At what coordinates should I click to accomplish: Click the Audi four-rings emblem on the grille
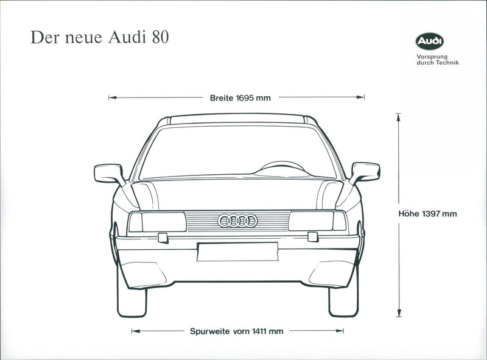[x=237, y=221]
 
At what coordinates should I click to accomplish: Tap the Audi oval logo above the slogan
[x=430, y=42]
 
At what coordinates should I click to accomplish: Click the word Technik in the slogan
[x=447, y=63]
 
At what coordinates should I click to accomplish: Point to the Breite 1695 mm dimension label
[x=240, y=97]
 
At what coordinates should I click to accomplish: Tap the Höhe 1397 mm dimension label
[x=436, y=214]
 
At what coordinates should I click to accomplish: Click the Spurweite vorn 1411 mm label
[x=236, y=331]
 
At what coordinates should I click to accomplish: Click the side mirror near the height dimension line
[x=365, y=172]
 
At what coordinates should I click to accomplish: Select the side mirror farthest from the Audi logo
[x=109, y=173]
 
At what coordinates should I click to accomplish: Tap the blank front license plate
[x=237, y=252]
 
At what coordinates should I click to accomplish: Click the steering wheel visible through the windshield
[x=282, y=166]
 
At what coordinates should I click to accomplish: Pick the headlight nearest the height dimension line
[x=317, y=221]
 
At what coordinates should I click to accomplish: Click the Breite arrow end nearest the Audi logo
[x=362, y=97]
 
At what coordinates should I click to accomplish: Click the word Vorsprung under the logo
[x=432, y=56]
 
